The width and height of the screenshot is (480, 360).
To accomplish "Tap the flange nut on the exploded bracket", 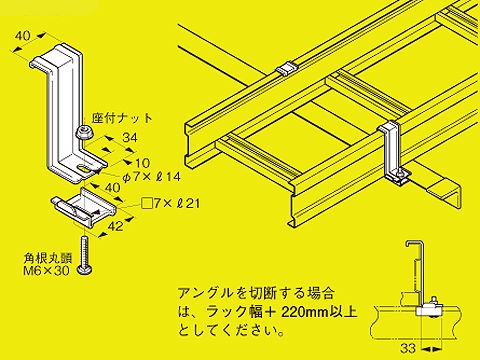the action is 86,132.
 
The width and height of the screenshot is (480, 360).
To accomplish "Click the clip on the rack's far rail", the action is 286,69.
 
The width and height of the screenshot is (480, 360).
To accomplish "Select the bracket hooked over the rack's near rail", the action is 393,150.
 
